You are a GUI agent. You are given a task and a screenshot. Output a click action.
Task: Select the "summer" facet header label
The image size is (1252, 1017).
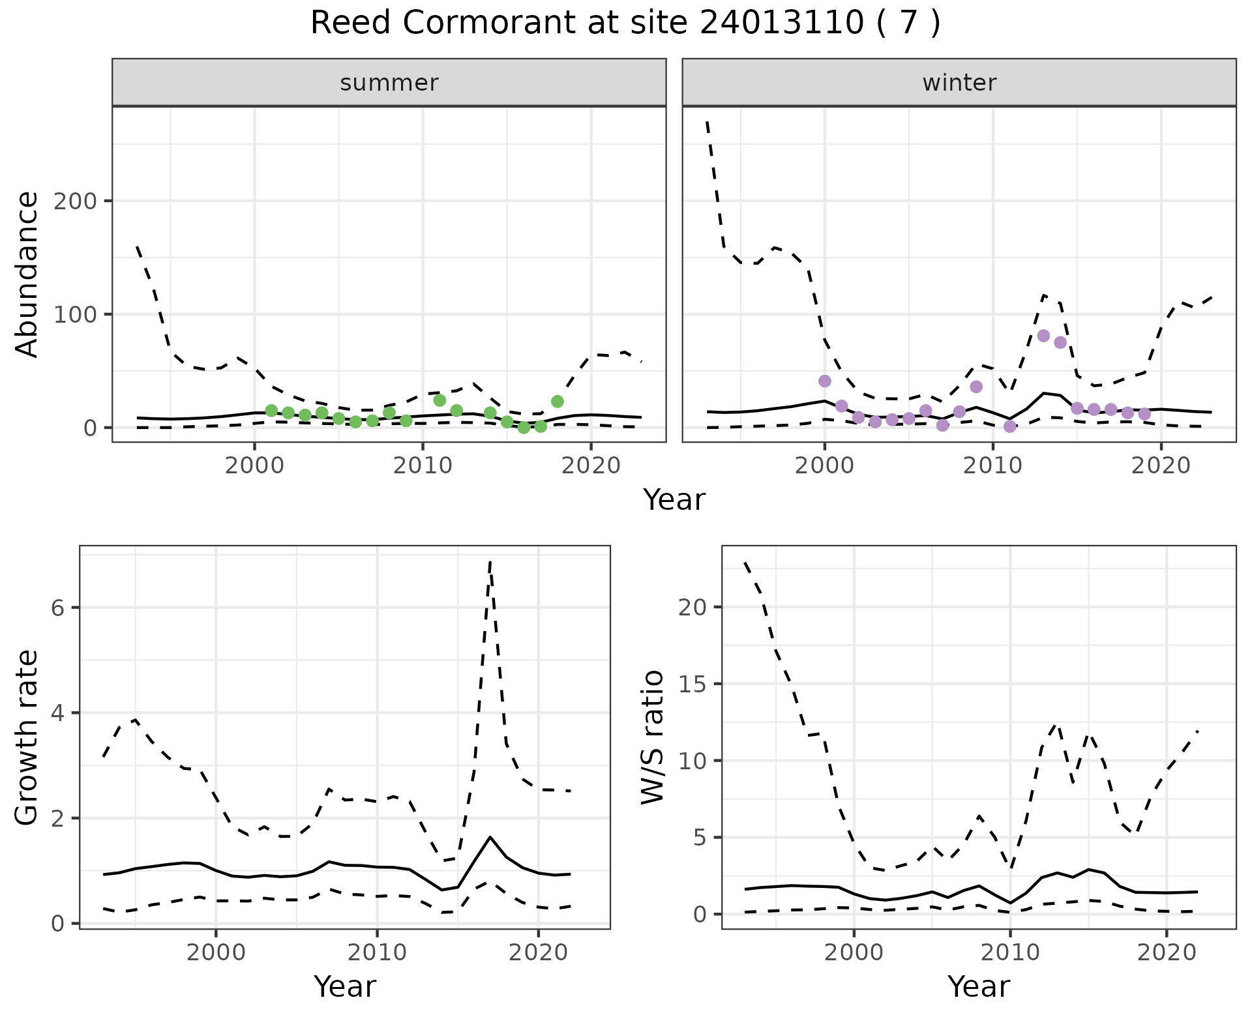click(x=389, y=83)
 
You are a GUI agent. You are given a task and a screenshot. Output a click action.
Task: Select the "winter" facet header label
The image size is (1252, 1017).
click(x=959, y=83)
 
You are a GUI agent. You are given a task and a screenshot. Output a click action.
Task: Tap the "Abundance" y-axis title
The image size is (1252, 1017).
click(x=27, y=274)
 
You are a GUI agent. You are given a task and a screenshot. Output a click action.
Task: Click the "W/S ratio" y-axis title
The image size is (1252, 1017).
click(x=653, y=737)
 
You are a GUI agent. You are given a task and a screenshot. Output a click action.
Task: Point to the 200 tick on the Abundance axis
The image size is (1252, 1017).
click(x=74, y=201)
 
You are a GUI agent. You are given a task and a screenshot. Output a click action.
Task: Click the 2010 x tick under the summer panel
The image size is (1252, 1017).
click(x=423, y=465)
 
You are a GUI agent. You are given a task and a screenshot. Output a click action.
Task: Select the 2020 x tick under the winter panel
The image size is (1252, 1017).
click(x=1161, y=465)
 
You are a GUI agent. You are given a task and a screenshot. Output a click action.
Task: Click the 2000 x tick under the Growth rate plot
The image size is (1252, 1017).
click(x=216, y=952)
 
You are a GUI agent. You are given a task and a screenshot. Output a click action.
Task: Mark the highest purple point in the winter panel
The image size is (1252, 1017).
click(x=1043, y=336)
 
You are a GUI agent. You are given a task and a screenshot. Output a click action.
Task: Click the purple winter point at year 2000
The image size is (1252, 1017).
click(x=825, y=381)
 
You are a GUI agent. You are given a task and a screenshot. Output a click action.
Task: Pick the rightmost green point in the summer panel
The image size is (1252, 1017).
click(x=557, y=401)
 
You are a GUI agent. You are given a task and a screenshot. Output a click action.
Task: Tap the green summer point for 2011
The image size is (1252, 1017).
click(x=440, y=400)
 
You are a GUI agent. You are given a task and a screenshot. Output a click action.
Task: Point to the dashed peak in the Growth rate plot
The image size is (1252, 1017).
click(x=490, y=561)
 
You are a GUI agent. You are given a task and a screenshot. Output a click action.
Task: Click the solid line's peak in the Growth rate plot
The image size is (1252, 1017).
click(x=490, y=837)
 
